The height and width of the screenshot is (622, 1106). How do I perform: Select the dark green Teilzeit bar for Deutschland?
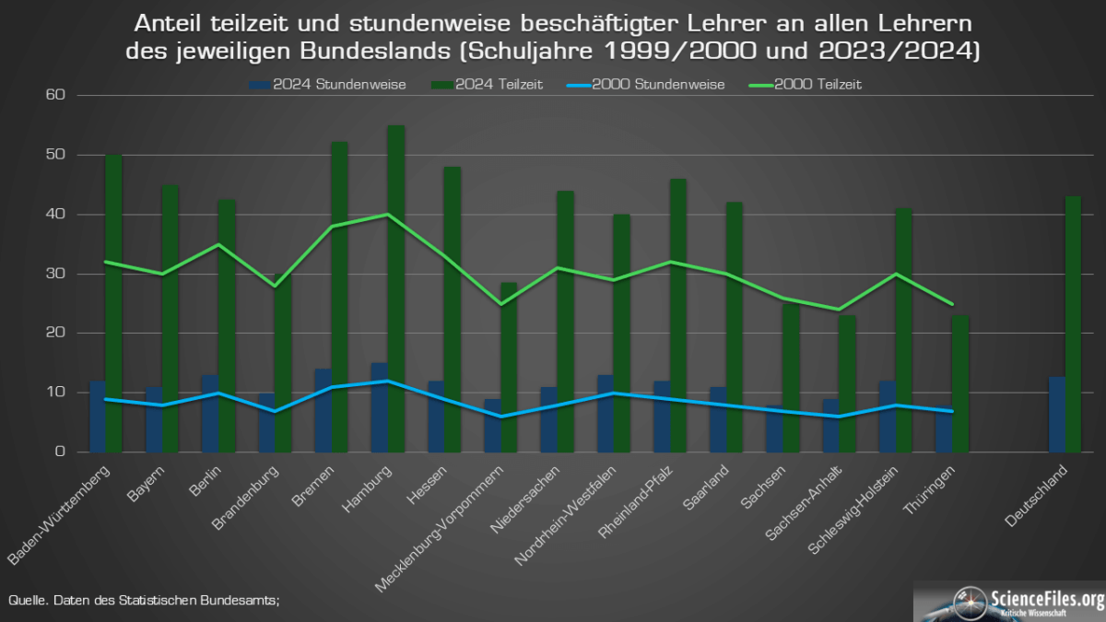coord(1073,324)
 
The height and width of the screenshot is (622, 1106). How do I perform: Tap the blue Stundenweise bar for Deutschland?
coord(1057,415)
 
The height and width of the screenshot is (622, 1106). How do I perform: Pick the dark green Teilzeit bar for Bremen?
coord(339,297)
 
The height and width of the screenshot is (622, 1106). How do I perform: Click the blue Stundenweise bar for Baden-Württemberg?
coord(97,417)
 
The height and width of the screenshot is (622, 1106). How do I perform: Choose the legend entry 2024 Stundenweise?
coord(327,84)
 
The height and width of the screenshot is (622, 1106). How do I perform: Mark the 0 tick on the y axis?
coord(60,452)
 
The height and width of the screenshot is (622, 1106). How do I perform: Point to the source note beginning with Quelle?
coord(144,600)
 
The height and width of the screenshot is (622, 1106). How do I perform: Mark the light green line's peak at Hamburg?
coord(388,215)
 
